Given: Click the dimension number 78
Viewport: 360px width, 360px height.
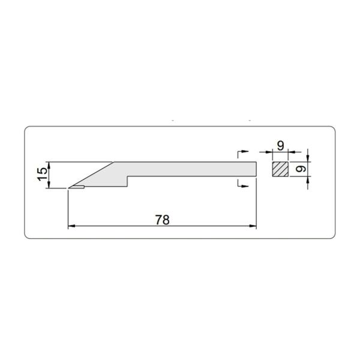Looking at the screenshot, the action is click(163, 220).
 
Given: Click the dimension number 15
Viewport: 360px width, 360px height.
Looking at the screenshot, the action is click(43, 174).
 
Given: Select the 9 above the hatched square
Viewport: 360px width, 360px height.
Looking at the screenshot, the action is click(281, 146).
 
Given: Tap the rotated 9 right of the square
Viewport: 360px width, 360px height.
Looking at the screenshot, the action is click(301, 169).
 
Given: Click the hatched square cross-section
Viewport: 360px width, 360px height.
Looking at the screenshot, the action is click(280, 169).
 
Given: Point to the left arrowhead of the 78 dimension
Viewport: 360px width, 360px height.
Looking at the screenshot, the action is click(71, 226).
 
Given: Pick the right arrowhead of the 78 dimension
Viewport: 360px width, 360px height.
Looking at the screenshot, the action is click(253, 226).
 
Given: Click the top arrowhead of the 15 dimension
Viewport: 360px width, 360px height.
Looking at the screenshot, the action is click(49, 166).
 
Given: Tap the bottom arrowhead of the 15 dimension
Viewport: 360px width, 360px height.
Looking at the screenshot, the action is click(49, 184).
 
